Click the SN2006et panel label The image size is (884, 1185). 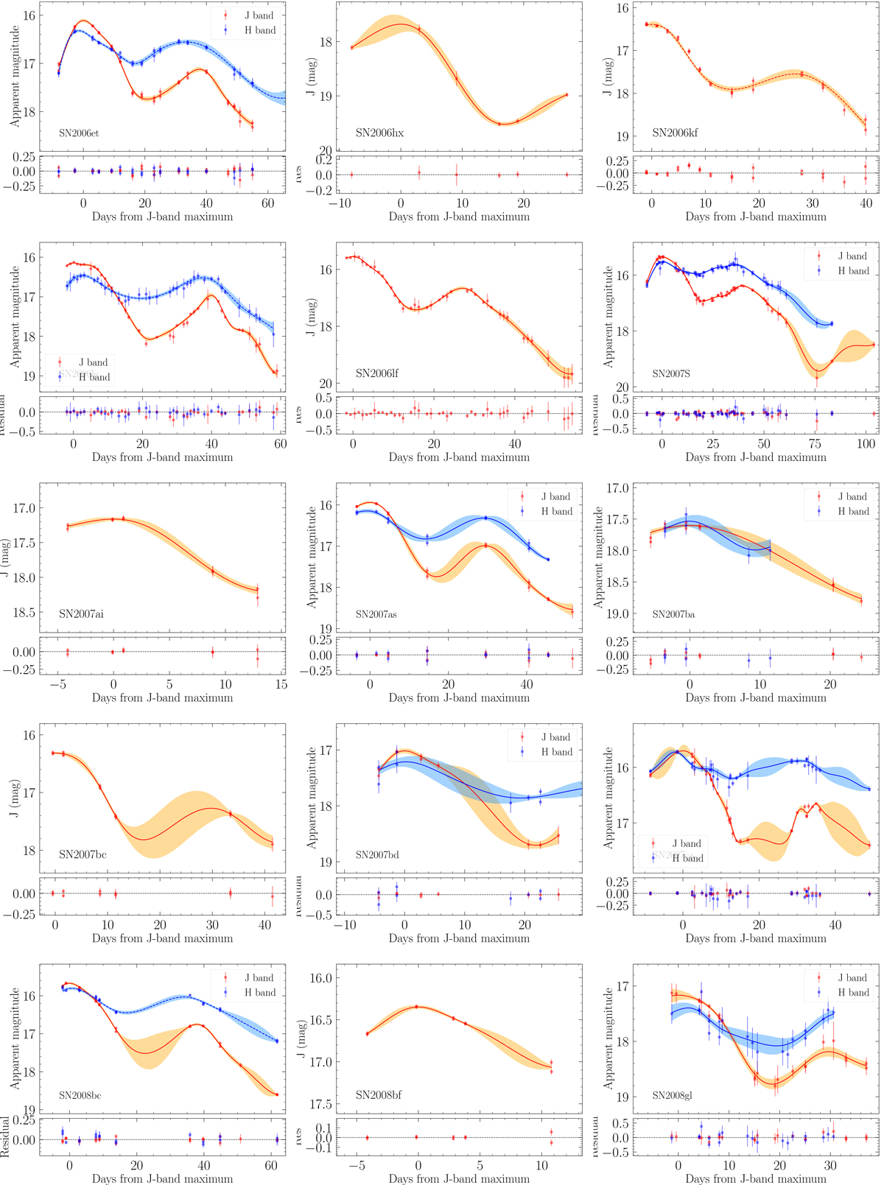(79, 133)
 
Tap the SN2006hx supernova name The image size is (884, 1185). (379, 133)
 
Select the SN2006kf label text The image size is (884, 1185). (675, 133)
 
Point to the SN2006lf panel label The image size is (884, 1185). (377, 373)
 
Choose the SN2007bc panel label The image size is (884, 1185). (83, 855)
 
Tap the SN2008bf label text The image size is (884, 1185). (379, 1095)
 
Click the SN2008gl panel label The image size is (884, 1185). (672, 1095)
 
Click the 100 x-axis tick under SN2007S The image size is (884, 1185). (866, 444)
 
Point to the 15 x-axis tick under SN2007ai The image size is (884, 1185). (281, 685)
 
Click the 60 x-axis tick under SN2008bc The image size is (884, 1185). (271, 1166)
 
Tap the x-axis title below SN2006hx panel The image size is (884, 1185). (459, 217)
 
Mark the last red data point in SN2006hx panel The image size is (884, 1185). (566, 95)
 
